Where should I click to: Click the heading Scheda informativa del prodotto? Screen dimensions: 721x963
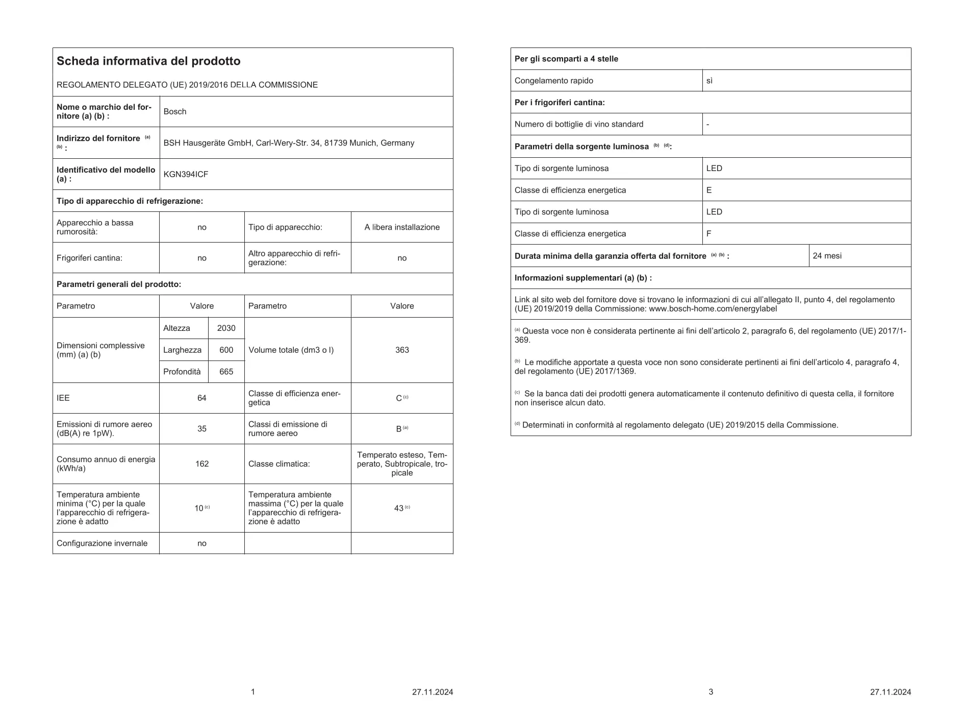148,61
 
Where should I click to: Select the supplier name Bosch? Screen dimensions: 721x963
175,112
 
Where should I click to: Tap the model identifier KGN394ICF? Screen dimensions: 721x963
186,174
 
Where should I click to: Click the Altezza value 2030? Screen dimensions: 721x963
226,328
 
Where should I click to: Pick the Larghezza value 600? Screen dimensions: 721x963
226,350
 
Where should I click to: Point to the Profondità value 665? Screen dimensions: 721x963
226,372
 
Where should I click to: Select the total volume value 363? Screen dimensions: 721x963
402,350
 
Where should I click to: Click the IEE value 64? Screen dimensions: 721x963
202,398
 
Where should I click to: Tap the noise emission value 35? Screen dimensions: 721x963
202,429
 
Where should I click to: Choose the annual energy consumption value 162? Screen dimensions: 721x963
202,464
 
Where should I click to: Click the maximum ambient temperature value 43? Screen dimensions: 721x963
399,509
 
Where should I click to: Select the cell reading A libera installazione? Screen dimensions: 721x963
402,227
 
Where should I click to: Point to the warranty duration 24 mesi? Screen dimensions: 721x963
827,256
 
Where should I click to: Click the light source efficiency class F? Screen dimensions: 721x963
709,234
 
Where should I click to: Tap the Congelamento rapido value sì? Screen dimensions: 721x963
709,81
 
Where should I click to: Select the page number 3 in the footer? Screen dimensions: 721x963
711,692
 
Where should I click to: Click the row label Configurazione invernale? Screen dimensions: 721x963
102,543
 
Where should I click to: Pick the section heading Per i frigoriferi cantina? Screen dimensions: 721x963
560,103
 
